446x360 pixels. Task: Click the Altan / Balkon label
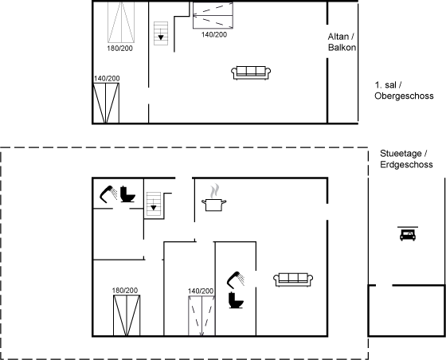342,41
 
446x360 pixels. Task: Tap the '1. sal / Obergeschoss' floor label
404,91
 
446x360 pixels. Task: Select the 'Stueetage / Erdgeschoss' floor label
406,159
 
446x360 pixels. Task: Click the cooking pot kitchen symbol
214,198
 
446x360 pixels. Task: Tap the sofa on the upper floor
251,72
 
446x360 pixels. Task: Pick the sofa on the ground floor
293,280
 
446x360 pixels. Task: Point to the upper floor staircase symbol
161,33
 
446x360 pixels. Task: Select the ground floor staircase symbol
154,204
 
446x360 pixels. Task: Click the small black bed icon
408,234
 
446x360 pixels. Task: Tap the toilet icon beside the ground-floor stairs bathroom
127,194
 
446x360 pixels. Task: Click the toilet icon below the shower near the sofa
236,300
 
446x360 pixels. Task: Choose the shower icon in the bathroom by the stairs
108,194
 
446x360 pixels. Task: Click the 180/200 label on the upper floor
119,49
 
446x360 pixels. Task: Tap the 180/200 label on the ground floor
125,291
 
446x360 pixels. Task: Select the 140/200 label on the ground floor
201,291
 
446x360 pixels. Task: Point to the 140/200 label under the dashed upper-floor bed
214,34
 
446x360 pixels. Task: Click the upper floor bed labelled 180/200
121,22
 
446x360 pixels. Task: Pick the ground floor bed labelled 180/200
127,315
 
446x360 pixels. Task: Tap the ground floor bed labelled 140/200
201,316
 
